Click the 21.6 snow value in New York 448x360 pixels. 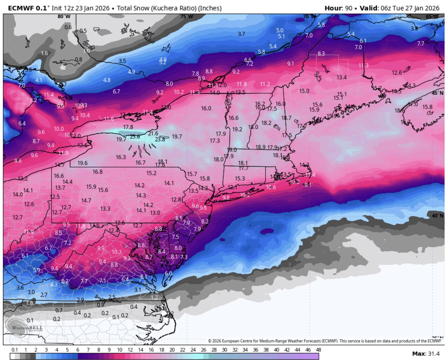pos(153,133)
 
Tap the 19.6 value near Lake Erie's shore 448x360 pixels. pos(83,163)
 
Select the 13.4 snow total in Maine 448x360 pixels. pos(342,77)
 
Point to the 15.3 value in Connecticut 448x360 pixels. pos(240,179)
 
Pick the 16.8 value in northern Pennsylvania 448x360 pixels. pos(97,171)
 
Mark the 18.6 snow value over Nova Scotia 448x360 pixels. pos(399,111)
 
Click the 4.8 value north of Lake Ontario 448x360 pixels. pos(107,80)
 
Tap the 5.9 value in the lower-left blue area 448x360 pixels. pos(37,270)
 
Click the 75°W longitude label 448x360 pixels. pos(186,16)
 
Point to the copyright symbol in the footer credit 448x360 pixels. pos(210,341)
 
